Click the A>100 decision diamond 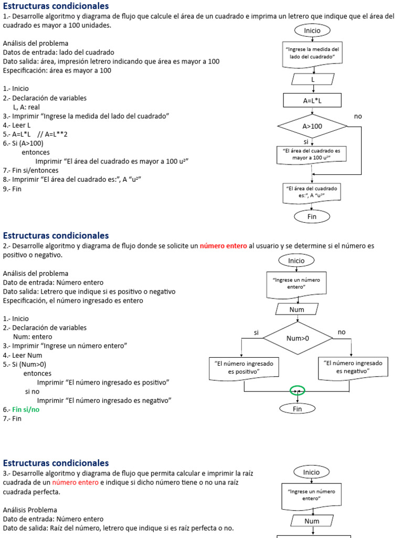pos(312,126)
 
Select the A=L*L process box pos(312,100)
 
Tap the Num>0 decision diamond pos(298,338)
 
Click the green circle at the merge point pos(298,390)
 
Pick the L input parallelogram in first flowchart pos(313,79)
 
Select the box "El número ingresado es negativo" pos(353,367)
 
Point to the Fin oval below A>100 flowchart pos(312,216)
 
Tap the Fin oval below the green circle pos(298,409)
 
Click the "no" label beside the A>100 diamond pos(358,116)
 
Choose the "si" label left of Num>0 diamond pos(257,333)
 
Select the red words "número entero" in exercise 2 pos(223,246)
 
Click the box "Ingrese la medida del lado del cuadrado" pos(312,54)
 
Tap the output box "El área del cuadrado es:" pos(312,192)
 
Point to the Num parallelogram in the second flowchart pos(297,309)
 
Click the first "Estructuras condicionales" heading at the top pos(56,6)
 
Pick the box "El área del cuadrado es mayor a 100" pos(312,154)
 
